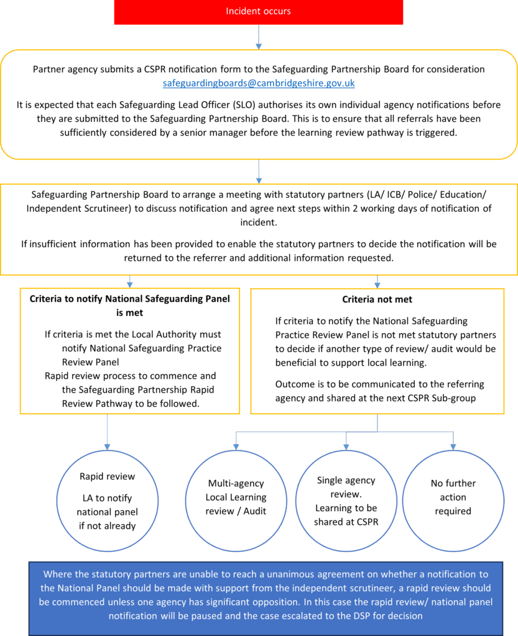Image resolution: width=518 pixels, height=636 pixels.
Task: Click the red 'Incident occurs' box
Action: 258,12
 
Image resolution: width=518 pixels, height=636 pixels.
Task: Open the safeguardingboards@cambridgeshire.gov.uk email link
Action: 259,83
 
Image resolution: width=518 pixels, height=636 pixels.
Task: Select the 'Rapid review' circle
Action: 107,501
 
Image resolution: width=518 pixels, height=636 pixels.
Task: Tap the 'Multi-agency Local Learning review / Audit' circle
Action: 236,497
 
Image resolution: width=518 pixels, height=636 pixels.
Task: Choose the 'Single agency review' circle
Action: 346,501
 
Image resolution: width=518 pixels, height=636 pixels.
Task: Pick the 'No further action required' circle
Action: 453,497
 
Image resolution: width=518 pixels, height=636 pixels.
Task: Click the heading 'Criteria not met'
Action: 377,299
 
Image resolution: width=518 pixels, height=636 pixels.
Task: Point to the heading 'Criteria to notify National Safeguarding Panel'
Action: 130,299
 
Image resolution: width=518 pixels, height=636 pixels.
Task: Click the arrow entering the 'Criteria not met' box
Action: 377,281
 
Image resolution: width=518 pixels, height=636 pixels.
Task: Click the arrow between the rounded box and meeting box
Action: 259,171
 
